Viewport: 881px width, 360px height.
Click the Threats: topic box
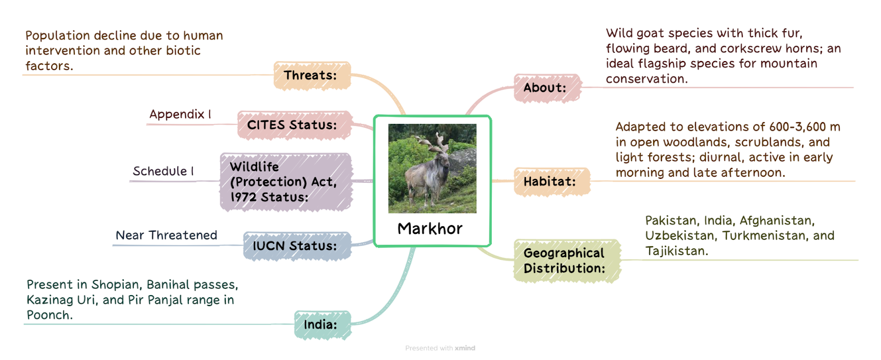click(x=312, y=75)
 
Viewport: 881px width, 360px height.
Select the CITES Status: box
click(x=294, y=125)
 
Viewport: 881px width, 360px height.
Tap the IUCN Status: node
click(x=297, y=246)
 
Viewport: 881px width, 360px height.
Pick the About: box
click(x=547, y=88)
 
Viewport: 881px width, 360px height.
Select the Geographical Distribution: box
click(x=567, y=261)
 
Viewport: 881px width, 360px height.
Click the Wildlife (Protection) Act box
click(x=286, y=182)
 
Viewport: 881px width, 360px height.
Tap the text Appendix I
click(x=181, y=114)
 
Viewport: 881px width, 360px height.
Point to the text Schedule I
click(x=163, y=171)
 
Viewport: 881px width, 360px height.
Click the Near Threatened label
click(x=166, y=236)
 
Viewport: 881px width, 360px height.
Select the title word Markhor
click(x=430, y=229)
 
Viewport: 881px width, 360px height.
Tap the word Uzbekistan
click(x=679, y=236)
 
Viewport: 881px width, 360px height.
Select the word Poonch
click(x=50, y=315)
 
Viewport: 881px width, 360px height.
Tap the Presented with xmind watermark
click(x=440, y=348)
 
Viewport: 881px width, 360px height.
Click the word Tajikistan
click(x=677, y=251)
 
